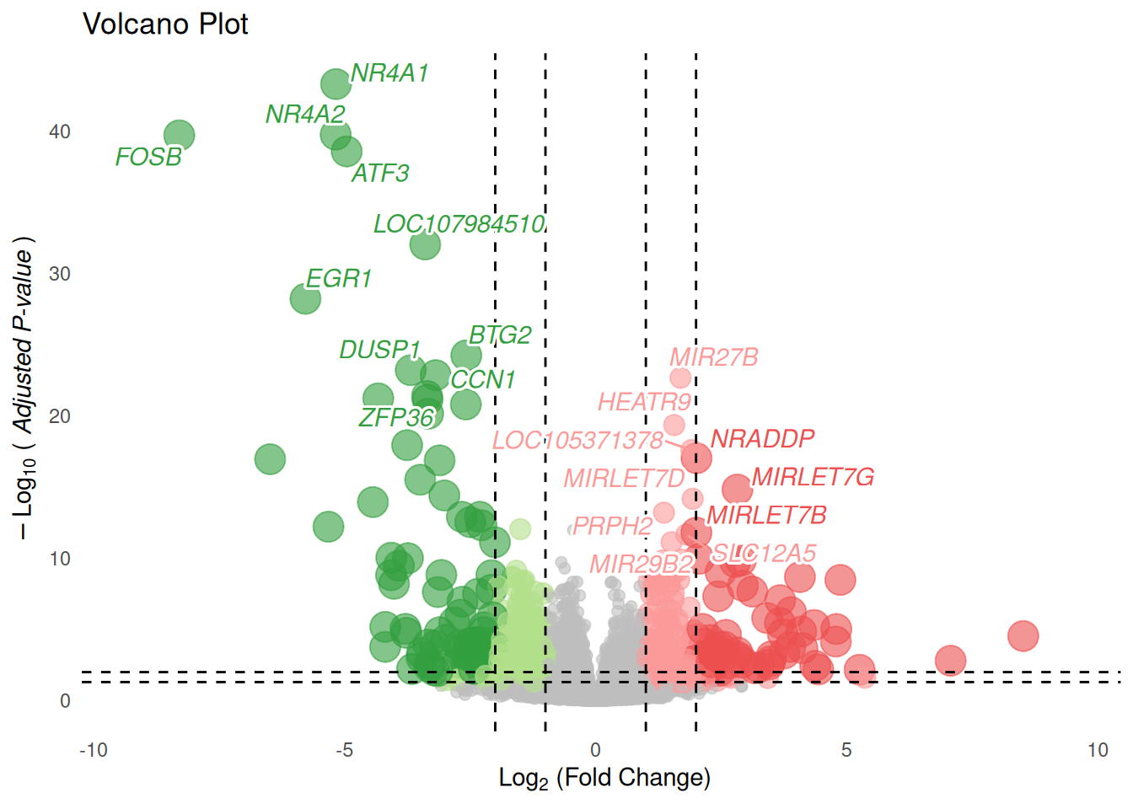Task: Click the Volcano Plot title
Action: point(165,24)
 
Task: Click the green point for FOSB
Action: point(179,135)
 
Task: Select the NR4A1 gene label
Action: point(389,73)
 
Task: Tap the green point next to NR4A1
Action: point(336,83)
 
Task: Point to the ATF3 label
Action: point(380,174)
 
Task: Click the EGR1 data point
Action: point(305,297)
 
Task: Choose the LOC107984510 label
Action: point(459,224)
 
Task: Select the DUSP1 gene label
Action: point(379,350)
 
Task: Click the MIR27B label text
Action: point(713,357)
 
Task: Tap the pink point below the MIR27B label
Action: point(680,378)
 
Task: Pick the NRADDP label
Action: point(762,438)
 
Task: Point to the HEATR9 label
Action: point(644,402)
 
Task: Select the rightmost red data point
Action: point(1023,636)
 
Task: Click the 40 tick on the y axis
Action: point(60,131)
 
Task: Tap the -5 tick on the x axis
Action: point(344,750)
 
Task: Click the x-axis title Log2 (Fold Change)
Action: point(604,778)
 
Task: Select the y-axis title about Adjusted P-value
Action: point(24,388)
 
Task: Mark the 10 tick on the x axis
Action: point(1098,750)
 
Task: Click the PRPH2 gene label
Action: point(613,526)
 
